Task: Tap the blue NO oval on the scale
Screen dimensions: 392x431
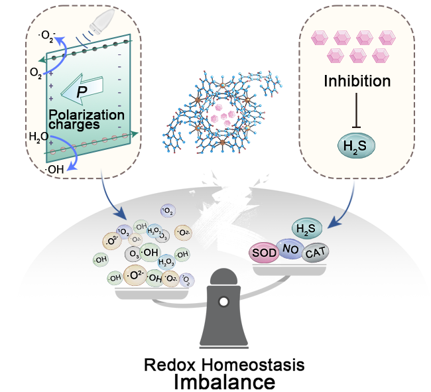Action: pyautogui.click(x=290, y=248)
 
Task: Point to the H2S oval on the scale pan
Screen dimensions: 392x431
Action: pyautogui.click(x=304, y=229)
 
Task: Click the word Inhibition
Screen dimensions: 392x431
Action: pyautogui.click(x=357, y=82)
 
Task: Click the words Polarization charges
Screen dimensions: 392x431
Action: pyautogui.click(x=86, y=119)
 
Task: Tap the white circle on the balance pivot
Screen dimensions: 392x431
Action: pyautogui.click(x=223, y=302)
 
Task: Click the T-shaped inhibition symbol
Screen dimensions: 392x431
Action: pyautogui.click(x=357, y=110)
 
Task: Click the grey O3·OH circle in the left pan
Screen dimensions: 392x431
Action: pyautogui.click(x=141, y=253)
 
